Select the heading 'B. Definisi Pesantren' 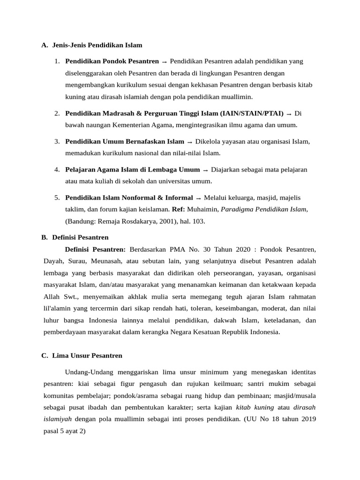pyautogui.click(x=75, y=238)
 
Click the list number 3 pyautogui.click(x=56, y=141)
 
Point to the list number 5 pyautogui.click(x=56, y=198)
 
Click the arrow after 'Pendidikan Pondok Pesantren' pyautogui.click(x=165, y=62)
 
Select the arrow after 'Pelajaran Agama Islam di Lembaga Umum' pyautogui.click(x=206, y=170)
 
